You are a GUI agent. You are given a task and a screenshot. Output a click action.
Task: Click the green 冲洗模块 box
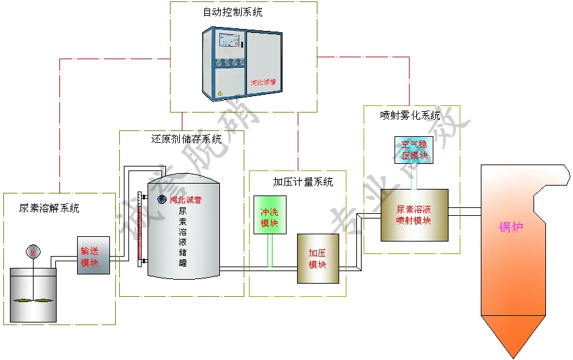(269, 215)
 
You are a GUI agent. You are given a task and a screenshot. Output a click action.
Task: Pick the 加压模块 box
(317, 258)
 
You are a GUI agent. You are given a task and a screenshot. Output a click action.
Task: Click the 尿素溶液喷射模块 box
(414, 215)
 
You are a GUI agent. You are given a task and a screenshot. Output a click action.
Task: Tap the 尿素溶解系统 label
(49, 209)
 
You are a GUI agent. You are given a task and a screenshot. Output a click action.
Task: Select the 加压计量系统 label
(302, 182)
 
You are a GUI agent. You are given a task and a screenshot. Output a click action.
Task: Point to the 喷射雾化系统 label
(410, 115)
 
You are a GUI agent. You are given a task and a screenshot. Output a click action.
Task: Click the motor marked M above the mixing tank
(33, 251)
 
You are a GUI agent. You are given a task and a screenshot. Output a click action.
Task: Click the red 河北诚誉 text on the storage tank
(186, 199)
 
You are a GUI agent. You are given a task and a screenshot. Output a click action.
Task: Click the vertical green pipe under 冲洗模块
(269, 250)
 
